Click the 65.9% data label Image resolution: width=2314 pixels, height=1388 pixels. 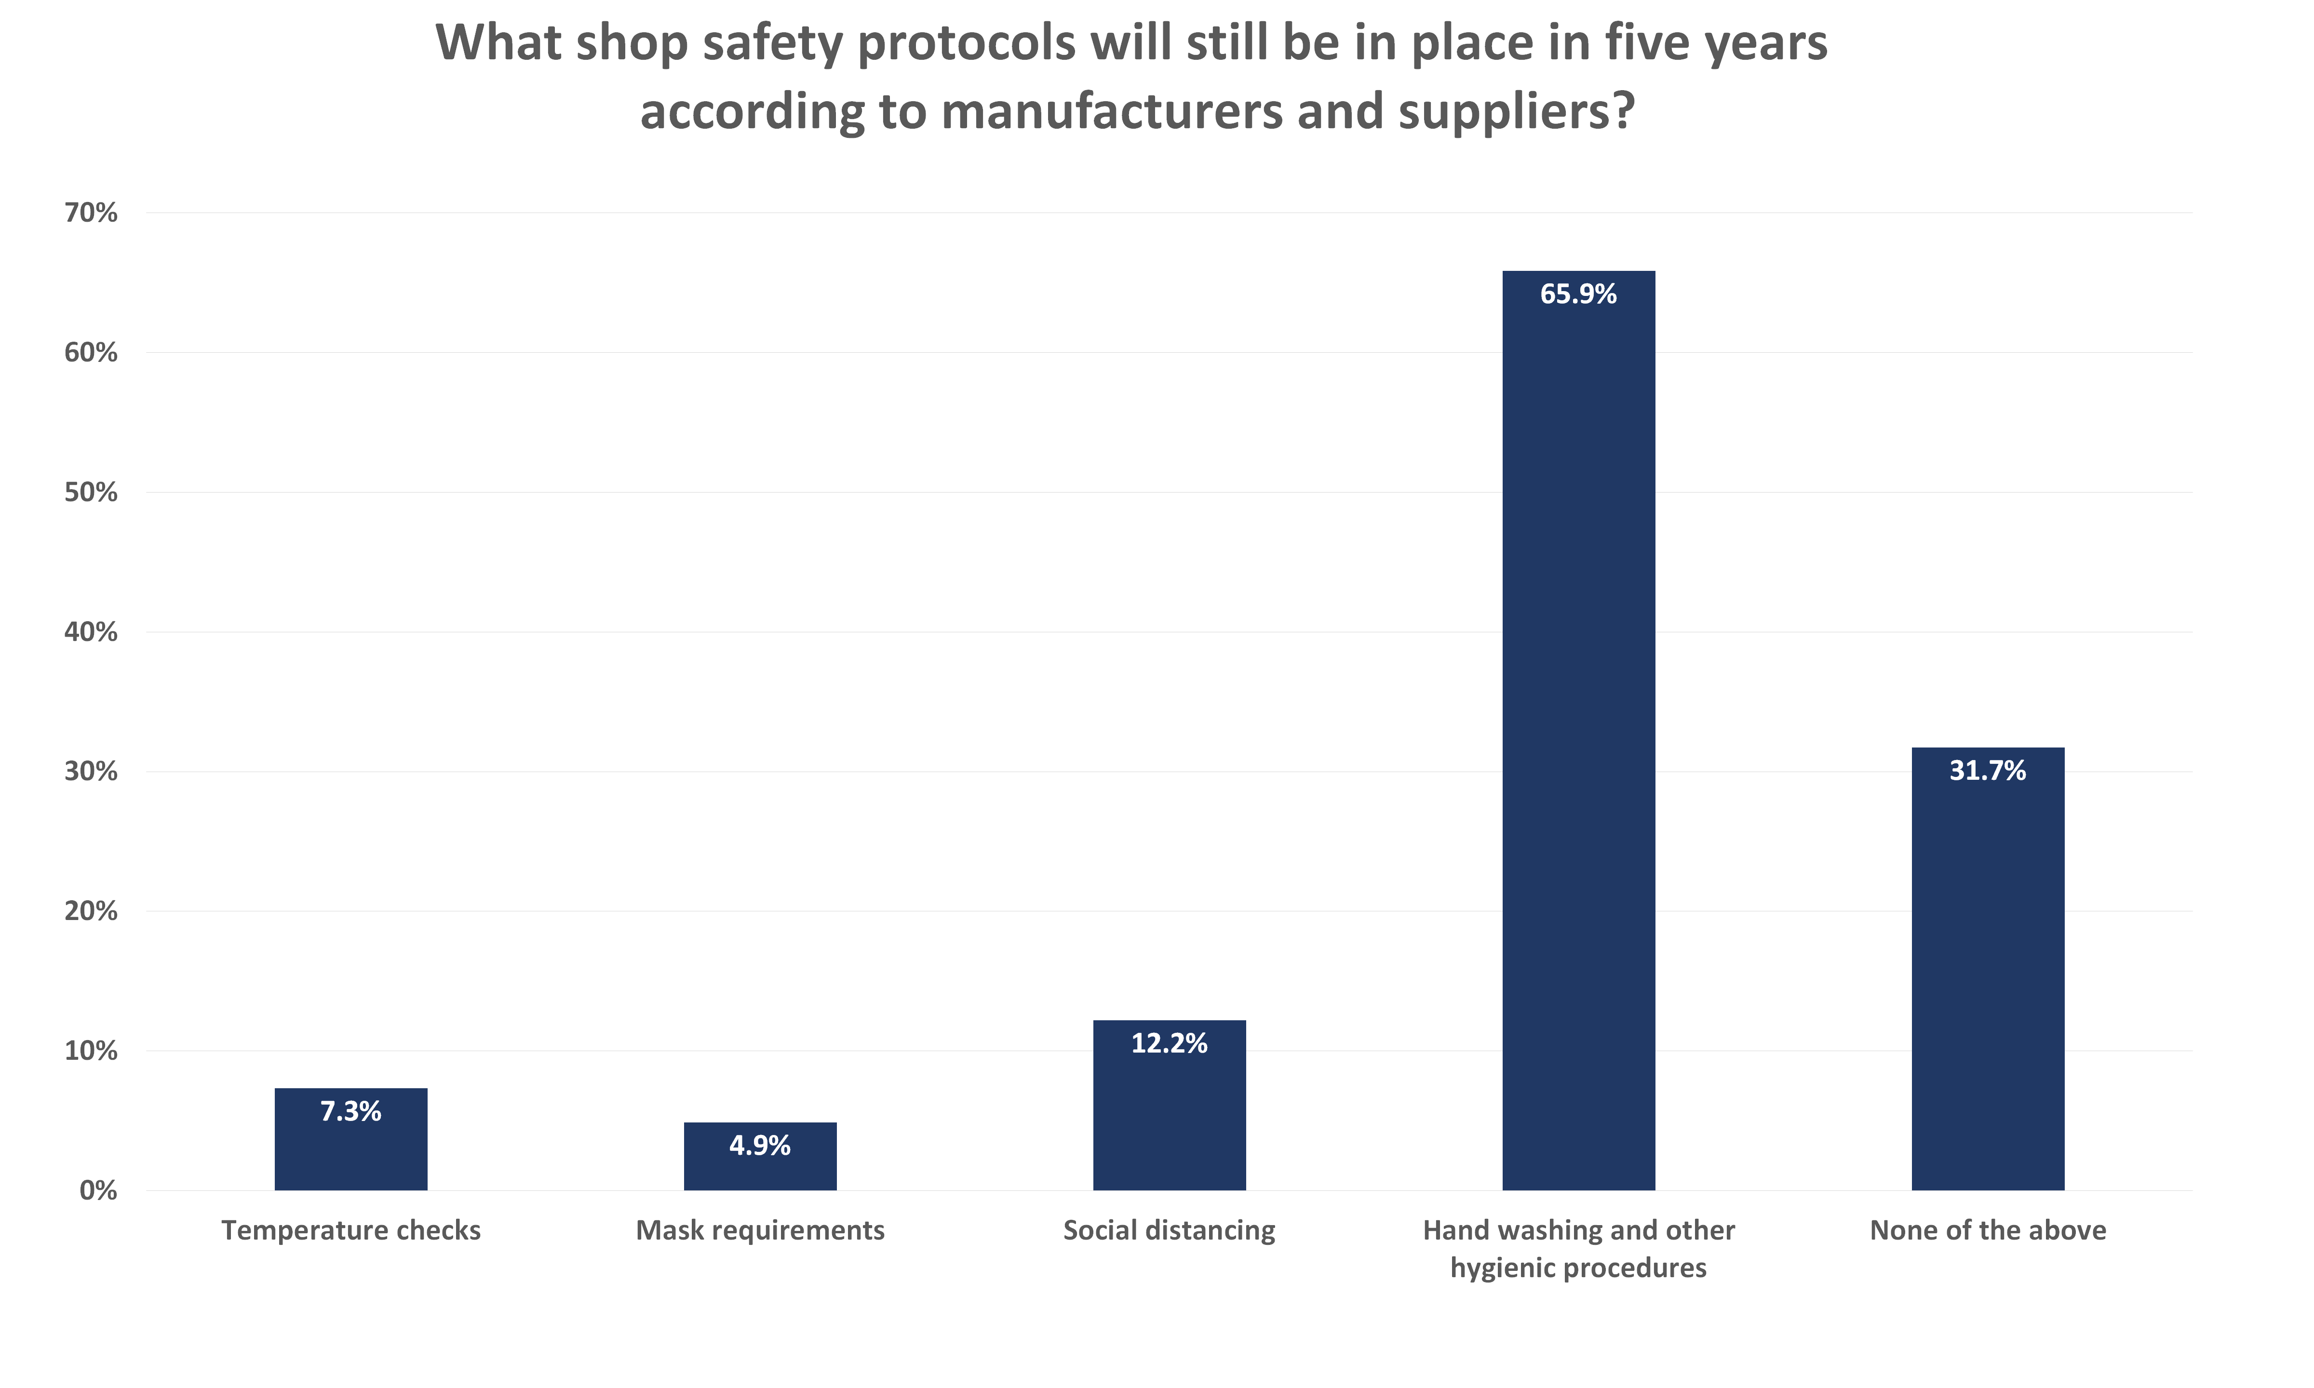[1578, 294]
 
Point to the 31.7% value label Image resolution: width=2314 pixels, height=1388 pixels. [1988, 771]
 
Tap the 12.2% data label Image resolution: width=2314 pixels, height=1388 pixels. [1169, 1044]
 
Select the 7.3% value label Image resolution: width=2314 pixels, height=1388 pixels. [351, 1111]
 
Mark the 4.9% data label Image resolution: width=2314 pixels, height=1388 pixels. [759, 1146]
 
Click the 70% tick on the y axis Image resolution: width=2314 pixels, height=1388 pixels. [91, 213]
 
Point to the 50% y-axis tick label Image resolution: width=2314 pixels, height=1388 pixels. [91, 493]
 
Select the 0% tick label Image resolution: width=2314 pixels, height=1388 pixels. [98, 1191]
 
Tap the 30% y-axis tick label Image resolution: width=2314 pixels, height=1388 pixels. [91, 772]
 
